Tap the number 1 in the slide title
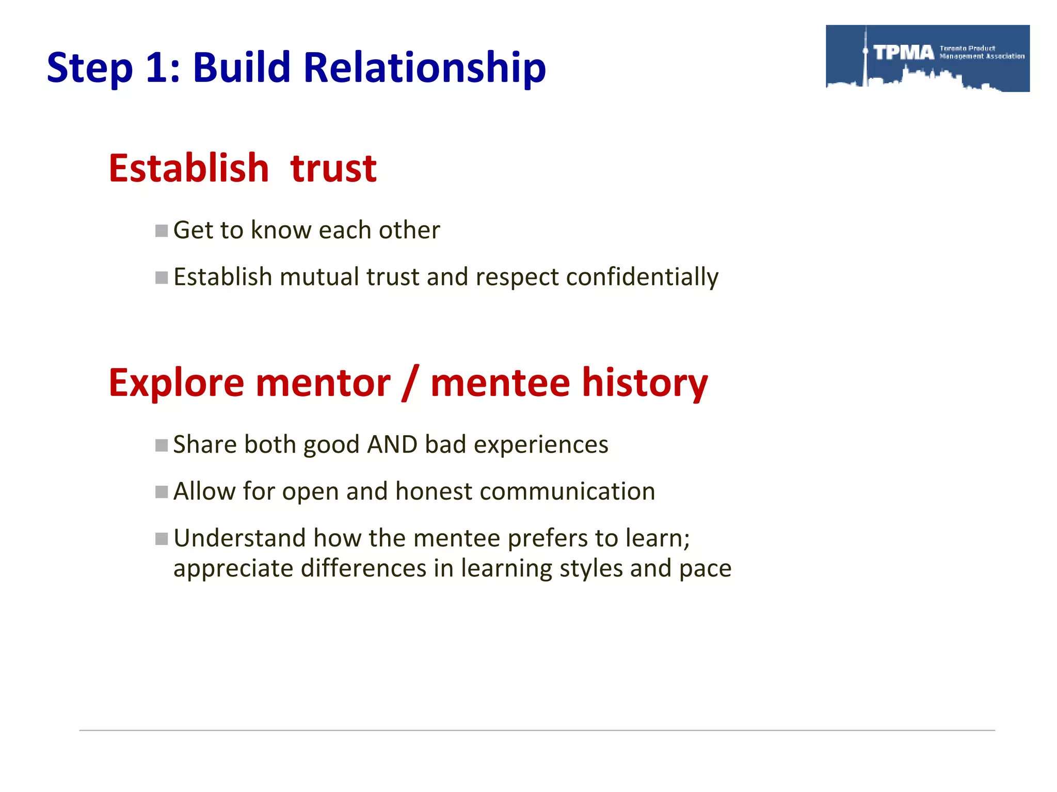tap(157, 68)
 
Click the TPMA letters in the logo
tap(904, 53)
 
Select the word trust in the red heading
tap(333, 169)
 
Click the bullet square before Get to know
tap(162, 230)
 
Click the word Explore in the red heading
tap(176, 383)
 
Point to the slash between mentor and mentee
tap(410, 383)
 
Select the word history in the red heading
tap(645, 383)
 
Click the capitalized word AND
tap(392, 444)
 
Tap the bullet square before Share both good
tap(162, 445)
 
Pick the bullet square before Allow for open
tap(162, 492)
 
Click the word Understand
tap(240, 538)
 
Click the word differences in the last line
tap(363, 568)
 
